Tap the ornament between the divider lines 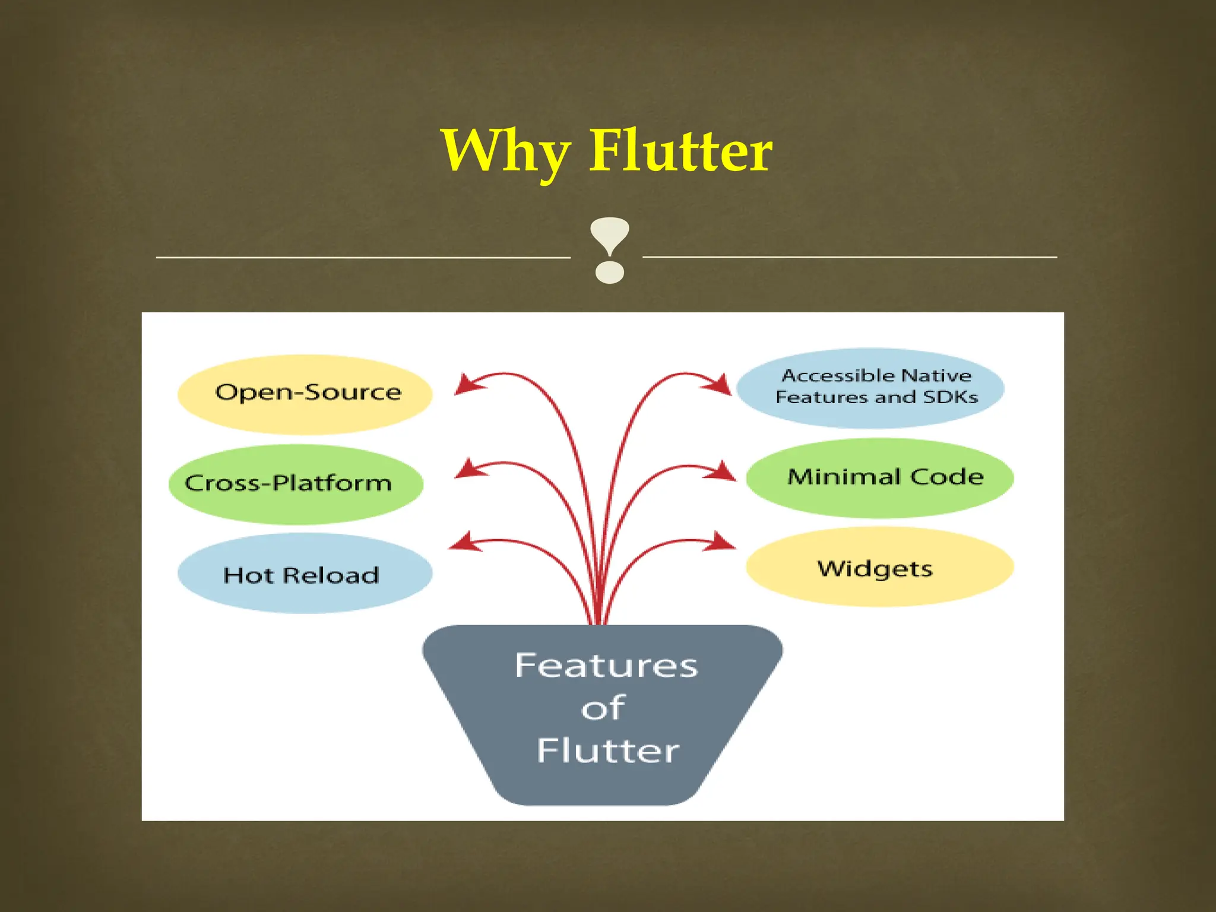[x=609, y=250]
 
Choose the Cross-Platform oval [x=296, y=484]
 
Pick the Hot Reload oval [x=305, y=574]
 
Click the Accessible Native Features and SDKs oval [x=870, y=388]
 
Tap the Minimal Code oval [x=879, y=477]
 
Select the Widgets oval [x=879, y=567]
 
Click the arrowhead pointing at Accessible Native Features [x=719, y=385]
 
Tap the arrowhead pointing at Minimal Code [x=722, y=472]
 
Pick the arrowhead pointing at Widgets [x=722, y=541]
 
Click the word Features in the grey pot [x=606, y=666]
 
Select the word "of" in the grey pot [x=603, y=708]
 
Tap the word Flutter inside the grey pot [x=608, y=751]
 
